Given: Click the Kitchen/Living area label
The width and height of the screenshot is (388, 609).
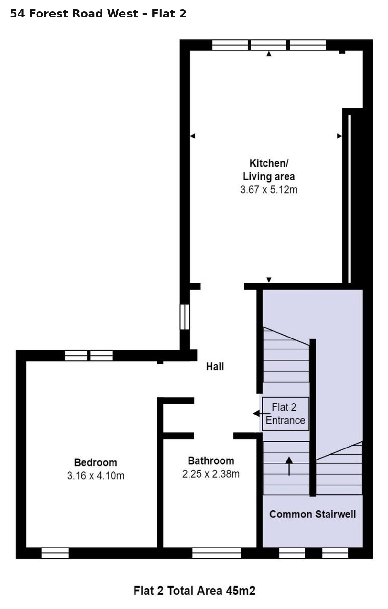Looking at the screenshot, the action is (x=269, y=170).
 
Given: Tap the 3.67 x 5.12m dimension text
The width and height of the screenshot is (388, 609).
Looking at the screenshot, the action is (x=269, y=189).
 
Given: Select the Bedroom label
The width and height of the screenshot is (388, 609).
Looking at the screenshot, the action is (x=96, y=462).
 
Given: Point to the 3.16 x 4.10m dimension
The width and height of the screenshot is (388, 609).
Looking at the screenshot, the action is (x=96, y=476).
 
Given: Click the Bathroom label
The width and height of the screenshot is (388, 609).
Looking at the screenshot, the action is (x=211, y=460).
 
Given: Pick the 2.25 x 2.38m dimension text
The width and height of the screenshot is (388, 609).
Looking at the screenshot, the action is (x=211, y=474).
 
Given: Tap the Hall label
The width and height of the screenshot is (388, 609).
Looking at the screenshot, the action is (x=215, y=367).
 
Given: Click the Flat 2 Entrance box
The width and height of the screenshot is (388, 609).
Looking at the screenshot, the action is (x=285, y=414).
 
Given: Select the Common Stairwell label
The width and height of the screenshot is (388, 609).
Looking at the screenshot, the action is (x=313, y=514).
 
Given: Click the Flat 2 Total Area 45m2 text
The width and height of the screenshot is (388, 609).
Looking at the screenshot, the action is (x=194, y=591).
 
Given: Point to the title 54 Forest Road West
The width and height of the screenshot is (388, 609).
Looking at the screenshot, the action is (x=74, y=14).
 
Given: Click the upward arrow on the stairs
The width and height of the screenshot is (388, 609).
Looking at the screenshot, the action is (x=289, y=466).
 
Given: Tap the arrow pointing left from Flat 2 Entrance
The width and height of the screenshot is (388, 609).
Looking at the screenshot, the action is (x=262, y=414).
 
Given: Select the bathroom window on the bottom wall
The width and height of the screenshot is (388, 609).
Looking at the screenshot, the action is (x=217, y=553).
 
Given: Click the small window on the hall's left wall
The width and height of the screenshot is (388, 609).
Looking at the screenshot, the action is (x=185, y=317).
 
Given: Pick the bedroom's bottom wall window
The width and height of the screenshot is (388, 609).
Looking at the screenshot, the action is (x=55, y=553).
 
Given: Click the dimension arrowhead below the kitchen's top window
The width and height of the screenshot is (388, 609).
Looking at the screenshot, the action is (x=269, y=54).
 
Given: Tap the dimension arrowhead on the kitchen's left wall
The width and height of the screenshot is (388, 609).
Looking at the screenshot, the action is (x=193, y=136).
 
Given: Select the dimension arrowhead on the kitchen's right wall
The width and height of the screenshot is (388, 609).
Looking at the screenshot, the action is (x=339, y=136).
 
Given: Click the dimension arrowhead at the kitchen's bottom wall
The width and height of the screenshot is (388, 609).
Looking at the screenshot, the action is (x=269, y=280).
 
